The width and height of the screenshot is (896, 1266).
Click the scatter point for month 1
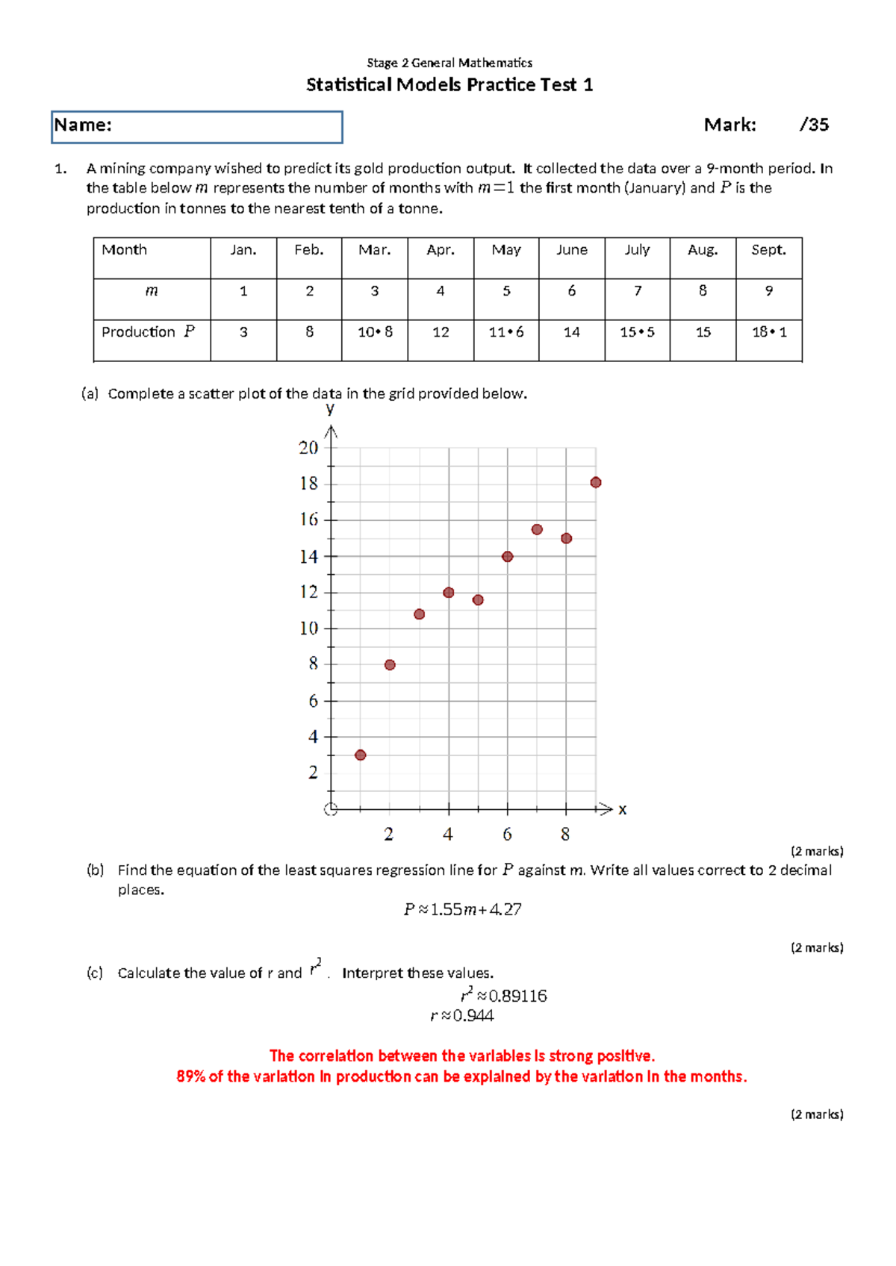click(361, 755)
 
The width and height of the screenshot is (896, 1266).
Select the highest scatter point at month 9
click(596, 482)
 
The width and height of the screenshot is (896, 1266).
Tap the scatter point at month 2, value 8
click(390, 664)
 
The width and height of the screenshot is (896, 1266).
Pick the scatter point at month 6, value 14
click(508, 556)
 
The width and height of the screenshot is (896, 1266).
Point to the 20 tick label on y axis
click(308, 448)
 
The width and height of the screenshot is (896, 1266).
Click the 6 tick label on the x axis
click(507, 835)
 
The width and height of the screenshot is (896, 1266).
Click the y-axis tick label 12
click(308, 592)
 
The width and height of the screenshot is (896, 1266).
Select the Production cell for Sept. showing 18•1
click(769, 332)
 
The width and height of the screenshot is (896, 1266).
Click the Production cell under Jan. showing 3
click(243, 332)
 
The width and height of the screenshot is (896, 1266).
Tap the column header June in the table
click(572, 250)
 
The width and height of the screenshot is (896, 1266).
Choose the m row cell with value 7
click(638, 291)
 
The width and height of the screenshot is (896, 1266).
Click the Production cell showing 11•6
click(506, 332)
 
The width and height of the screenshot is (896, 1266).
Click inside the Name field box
click(197, 127)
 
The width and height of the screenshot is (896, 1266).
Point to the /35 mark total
click(814, 125)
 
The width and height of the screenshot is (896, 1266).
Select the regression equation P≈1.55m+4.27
click(463, 909)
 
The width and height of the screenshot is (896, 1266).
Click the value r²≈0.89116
click(504, 995)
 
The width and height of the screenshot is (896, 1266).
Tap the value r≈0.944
click(462, 1015)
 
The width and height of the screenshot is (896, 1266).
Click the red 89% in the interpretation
click(190, 1076)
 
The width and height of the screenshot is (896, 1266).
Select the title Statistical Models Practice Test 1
click(449, 85)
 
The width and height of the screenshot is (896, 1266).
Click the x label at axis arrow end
click(623, 809)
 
